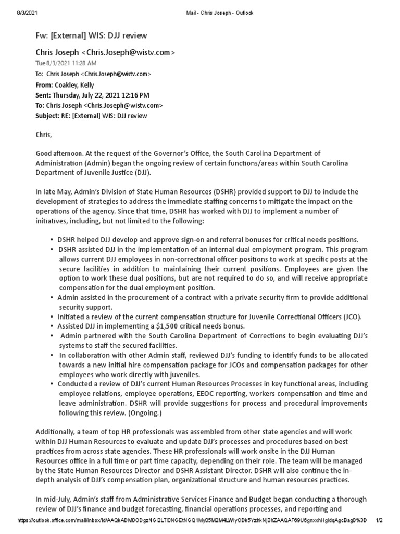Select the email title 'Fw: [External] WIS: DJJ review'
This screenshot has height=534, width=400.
tap(91, 35)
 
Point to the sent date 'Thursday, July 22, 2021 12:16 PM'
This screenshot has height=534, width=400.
tap(101, 95)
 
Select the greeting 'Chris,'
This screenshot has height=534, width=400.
tap(44, 135)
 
